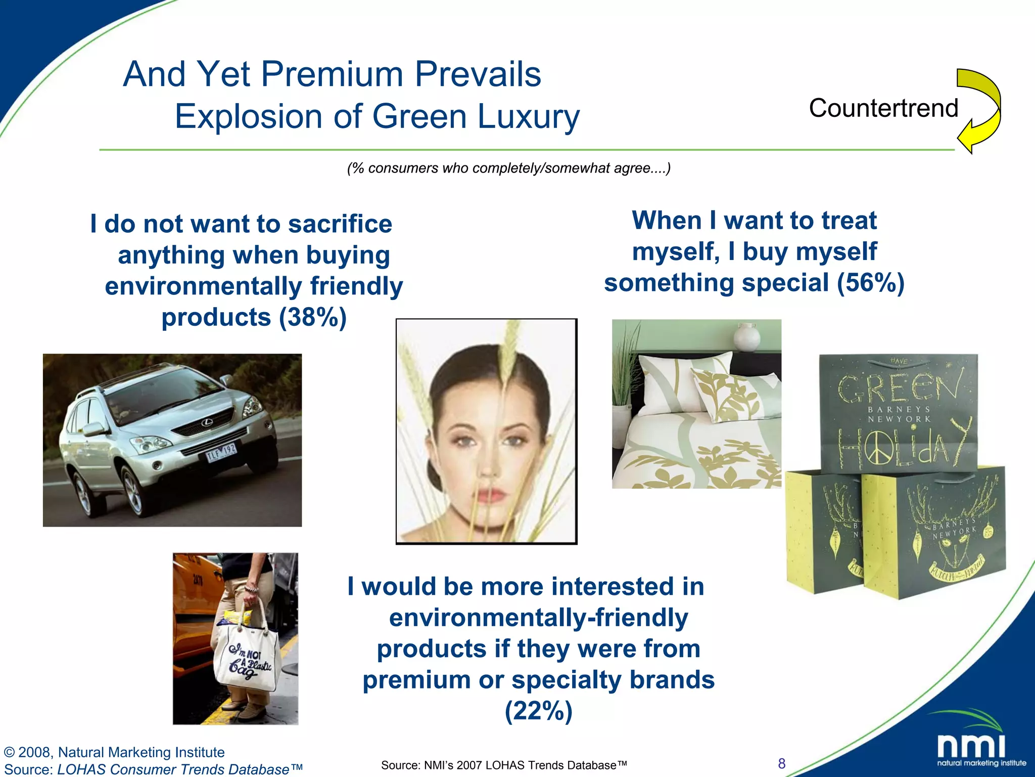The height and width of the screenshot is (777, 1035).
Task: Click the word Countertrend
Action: click(x=883, y=108)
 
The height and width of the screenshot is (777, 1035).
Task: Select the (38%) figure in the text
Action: click(x=313, y=318)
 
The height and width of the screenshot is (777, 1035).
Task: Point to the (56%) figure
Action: click(x=870, y=283)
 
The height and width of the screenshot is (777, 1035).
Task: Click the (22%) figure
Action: click(x=538, y=711)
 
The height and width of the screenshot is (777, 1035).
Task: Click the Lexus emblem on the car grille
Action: click(x=207, y=423)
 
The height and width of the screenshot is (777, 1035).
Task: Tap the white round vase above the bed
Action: click(x=746, y=337)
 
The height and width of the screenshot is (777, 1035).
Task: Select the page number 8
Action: click(x=782, y=763)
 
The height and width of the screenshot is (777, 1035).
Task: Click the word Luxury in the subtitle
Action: click(x=528, y=117)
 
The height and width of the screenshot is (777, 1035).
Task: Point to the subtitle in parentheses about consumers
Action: click(x=508, y=168)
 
